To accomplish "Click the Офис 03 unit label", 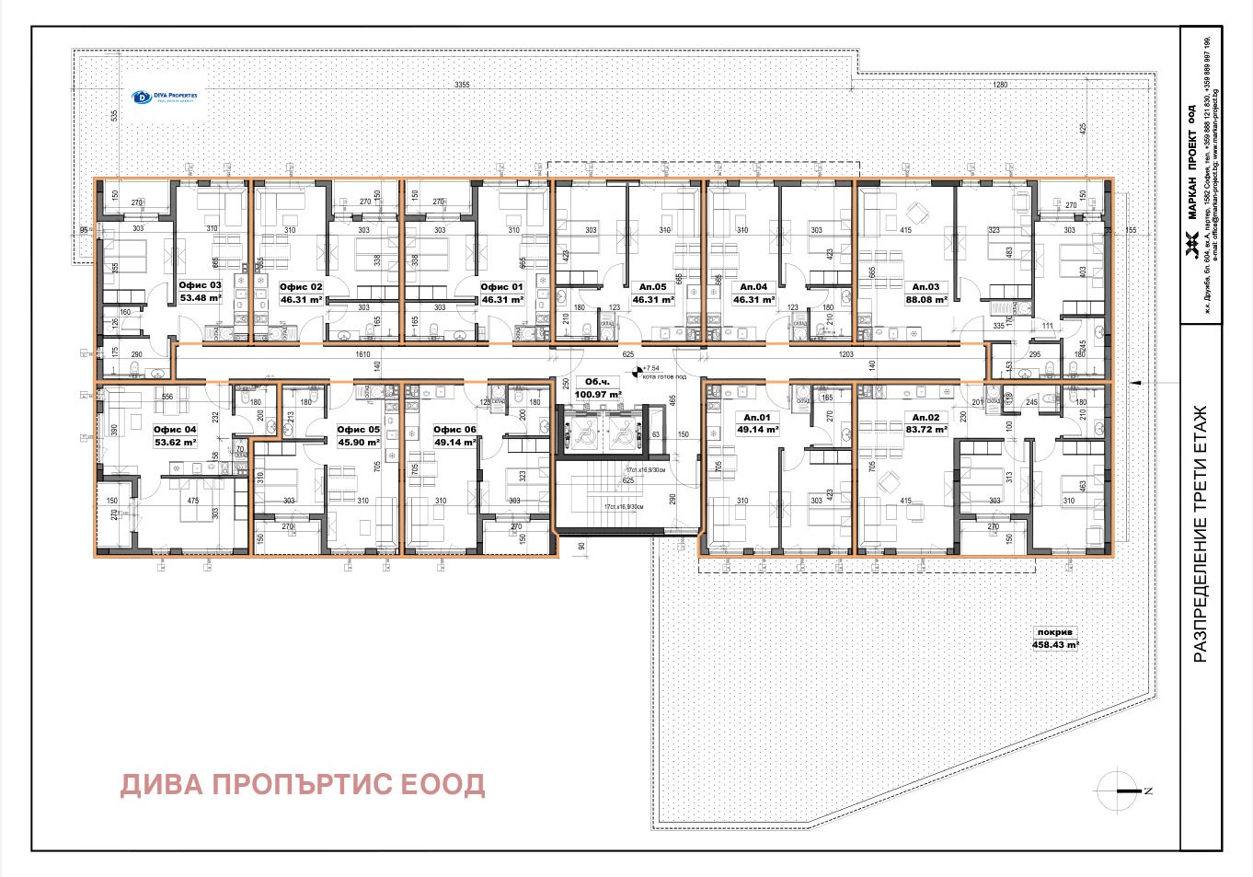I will (200, 285).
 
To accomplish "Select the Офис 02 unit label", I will (301, 287).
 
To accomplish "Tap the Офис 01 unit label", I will (501, 287).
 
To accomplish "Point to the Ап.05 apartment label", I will (653, 287).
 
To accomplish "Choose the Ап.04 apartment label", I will (753, 287).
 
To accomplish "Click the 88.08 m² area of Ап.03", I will (925, 300).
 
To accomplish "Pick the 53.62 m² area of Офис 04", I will (175, 443).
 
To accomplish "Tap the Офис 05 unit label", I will (358, 430).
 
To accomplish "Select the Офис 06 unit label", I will (454, 430).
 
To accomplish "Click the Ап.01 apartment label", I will (757, 418).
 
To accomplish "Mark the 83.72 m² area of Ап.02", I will (925, 430).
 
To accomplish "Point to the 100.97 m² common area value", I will (598, 395).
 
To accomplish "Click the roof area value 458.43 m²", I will (1054, 645).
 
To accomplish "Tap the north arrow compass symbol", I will (1121, 790).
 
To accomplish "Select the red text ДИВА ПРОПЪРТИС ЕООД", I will (303, 785).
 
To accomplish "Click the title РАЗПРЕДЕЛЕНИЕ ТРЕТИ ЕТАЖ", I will (1200, 534).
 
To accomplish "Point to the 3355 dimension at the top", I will (462, 85).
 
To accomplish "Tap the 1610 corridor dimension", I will (362, 354).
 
